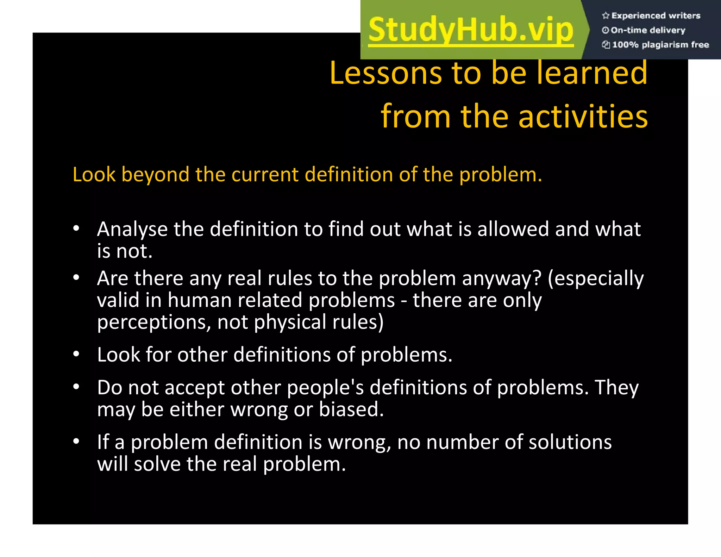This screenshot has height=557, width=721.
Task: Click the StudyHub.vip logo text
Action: pos(471,30)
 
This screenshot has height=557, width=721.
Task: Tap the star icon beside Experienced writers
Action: pos(606,15)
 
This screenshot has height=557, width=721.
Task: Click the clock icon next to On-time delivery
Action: pos(605,30)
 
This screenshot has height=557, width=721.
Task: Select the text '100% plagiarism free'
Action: pos(660,45)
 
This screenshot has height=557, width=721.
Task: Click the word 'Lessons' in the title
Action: pos(385,73)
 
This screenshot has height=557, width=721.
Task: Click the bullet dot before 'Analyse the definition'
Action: pos(76,229)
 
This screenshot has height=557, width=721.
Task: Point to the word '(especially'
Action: pos(596,279)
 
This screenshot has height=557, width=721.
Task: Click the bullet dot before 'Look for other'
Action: pos(76,354)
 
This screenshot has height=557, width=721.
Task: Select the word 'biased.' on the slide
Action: pos(351,409)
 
